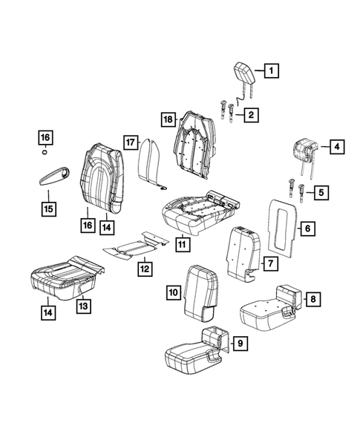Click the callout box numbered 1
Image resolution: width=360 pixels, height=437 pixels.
point(271,72)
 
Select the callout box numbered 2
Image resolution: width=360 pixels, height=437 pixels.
point(252,115)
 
